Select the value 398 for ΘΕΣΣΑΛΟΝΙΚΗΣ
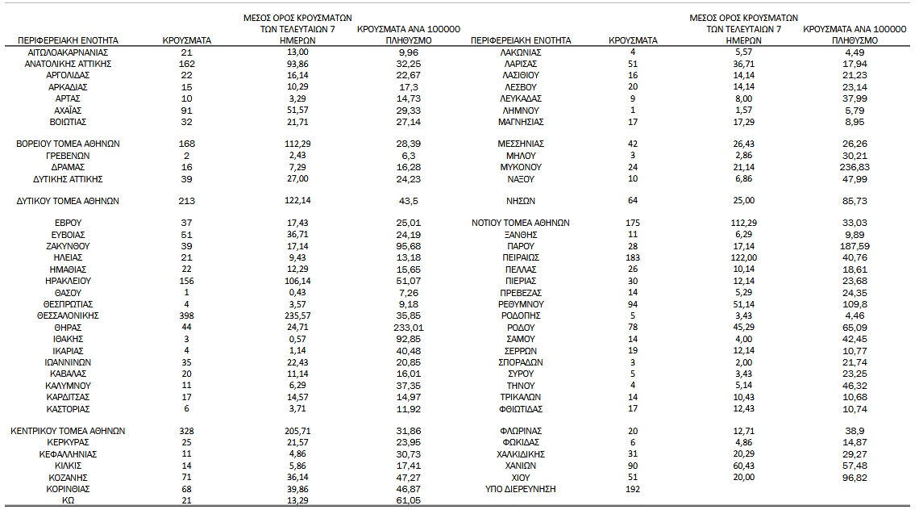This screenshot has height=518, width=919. click(x=186, y=316)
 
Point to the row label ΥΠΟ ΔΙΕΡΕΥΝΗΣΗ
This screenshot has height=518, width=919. click(x=520, y=489)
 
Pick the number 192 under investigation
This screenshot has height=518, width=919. click(x=633, y=489)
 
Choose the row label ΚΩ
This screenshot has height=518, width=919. click(x=68, y=500)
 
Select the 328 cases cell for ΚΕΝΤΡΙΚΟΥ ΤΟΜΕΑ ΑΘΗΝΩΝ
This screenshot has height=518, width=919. click(x=186, y=431)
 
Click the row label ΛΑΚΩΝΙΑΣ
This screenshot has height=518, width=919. click(x=520, y=52)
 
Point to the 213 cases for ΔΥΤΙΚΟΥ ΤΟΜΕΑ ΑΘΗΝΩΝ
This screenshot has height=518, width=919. click(x=186, y=201)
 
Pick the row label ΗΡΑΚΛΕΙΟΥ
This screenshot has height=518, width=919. click(x=68, y=281)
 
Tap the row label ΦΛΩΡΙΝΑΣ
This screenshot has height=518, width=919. click(x=520, y=431)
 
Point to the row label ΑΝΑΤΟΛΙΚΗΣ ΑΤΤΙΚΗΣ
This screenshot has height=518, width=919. click(x=68, y=64)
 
